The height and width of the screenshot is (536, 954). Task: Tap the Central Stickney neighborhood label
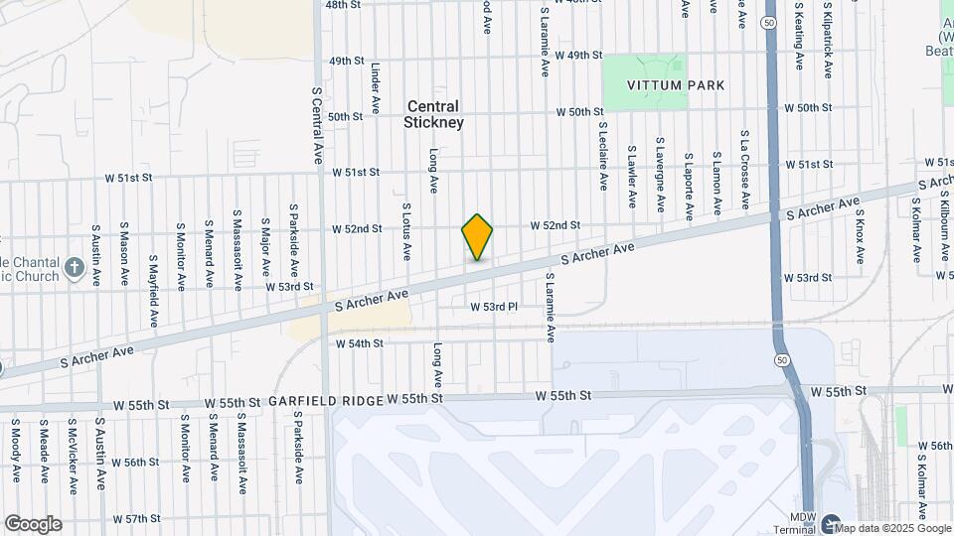(x=433, y=114)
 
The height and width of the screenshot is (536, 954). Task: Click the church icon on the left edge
(x=75, y=267)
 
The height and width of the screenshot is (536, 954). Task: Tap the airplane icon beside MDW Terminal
(x=831, y=523)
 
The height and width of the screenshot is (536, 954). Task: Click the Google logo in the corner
(x=32, y=524)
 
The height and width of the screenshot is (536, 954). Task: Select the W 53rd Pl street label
(x=494, y=307)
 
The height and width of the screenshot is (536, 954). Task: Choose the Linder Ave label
(x=376, y=89)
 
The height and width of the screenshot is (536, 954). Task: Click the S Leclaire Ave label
(x=602, y=156)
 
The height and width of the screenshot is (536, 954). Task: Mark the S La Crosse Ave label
(x=743, y=169)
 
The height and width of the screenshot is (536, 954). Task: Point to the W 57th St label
(x=136, y=519)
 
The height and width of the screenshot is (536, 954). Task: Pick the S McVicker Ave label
(x=73, y=458)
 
